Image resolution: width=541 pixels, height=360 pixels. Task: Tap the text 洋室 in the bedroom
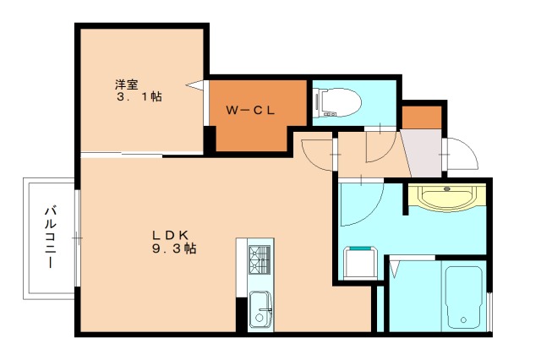click(x=127, y=84)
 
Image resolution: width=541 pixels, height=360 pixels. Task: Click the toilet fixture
click(x=337, y=102)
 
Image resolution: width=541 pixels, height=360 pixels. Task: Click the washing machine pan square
click(x=359, y=262)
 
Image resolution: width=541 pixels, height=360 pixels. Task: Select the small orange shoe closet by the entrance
click(x=421, y=117)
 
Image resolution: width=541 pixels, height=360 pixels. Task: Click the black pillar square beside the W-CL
click(x=209, y=138)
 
